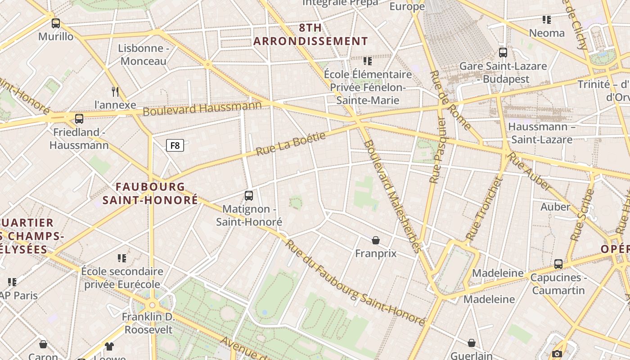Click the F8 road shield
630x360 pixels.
[x=175, y=145]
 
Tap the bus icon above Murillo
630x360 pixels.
[x=56, y=23]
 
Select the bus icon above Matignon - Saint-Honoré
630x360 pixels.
[x=249, y=196]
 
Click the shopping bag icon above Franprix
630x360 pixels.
[x=376, y=240]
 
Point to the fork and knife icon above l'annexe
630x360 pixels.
[x=116, y=92]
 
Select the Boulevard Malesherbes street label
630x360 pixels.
[x=392, y=196]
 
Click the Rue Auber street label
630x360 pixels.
[x=530, y=172]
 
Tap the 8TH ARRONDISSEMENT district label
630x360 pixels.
[x=310, y=35]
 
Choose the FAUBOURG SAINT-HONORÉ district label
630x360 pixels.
[x=150, y=193]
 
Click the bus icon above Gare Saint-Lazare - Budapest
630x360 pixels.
[x=503, y=53]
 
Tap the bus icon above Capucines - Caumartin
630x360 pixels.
[x=558, y=264]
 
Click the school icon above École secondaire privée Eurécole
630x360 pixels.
[x=122, y=258]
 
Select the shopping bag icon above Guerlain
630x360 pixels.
[x=472, y=343]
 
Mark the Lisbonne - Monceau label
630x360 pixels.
[x=144, y=54]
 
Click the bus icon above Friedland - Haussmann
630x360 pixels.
[x=79, y=119]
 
